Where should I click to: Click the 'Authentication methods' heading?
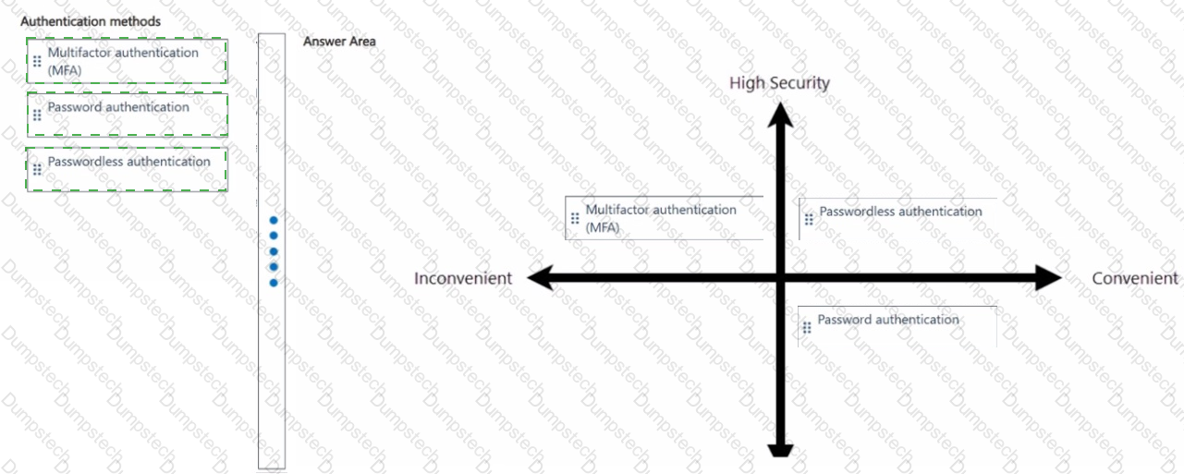click(x=91, y=21)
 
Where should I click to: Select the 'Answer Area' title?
click(x=339, y=42)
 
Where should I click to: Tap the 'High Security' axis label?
click(x=780, y=83)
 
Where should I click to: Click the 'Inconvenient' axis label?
click(x=463, y=278)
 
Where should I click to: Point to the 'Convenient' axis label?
click(x=1135, y=278)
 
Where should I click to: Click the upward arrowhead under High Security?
click(x=780, y=115)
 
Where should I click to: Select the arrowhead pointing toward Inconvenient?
click(x=540, y=278)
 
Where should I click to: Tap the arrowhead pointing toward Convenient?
click(x=1048, y=278)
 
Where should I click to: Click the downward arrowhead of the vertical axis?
click(x=780, y=450)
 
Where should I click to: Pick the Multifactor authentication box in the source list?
click(x=127, y=61)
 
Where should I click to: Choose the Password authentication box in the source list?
click(x=127, y=115)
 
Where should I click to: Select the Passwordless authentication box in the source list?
click(x=127, y=169)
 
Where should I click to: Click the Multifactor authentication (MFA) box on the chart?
click(x=665, y=218)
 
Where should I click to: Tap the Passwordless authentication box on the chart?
click(x=898, y=219)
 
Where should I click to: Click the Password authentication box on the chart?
click(x=897, y=326)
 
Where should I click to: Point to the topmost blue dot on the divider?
click(x=274, y=220)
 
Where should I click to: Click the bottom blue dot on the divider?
click(x=274, y=283)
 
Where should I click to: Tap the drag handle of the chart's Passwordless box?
click(x=809, y=219)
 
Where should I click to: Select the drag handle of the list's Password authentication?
click(x=37, y=115)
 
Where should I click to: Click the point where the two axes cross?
click(x=780, y=278)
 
